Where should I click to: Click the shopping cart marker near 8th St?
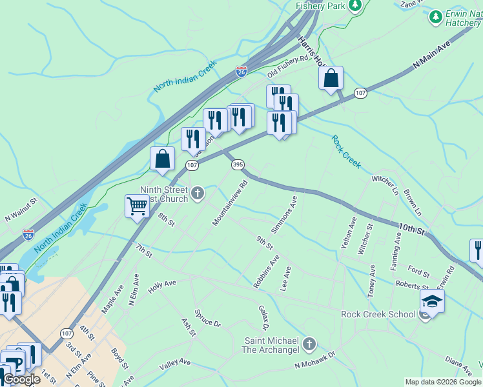(137, 206)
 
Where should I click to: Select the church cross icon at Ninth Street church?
(198, 192)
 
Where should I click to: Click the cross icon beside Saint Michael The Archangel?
(309, 344)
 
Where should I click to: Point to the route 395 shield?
(238, 165)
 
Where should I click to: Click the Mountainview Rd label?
(231, 203)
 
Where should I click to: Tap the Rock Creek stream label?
(346, 152)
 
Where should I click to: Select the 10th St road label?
(411, 229)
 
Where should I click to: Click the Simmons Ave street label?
(284, 215)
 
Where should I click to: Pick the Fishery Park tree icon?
(355, 6)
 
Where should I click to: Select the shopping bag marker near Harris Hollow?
(331, 79)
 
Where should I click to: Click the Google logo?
(22, 379)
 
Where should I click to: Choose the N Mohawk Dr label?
(315, 360)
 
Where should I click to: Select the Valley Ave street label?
(175, 363)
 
